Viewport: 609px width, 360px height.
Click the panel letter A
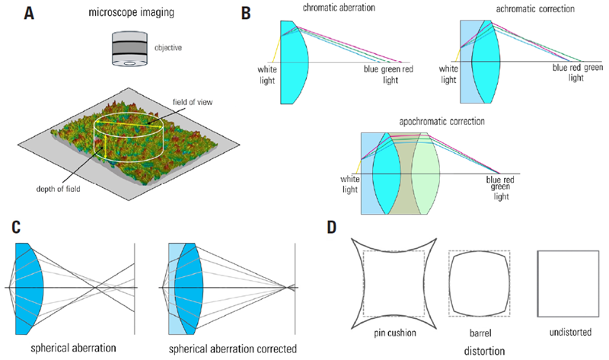[x=28, y=13]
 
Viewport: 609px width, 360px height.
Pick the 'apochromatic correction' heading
[x=436, y=121]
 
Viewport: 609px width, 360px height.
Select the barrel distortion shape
[x=473, y=282]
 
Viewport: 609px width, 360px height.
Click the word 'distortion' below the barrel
[x=473, y=351]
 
